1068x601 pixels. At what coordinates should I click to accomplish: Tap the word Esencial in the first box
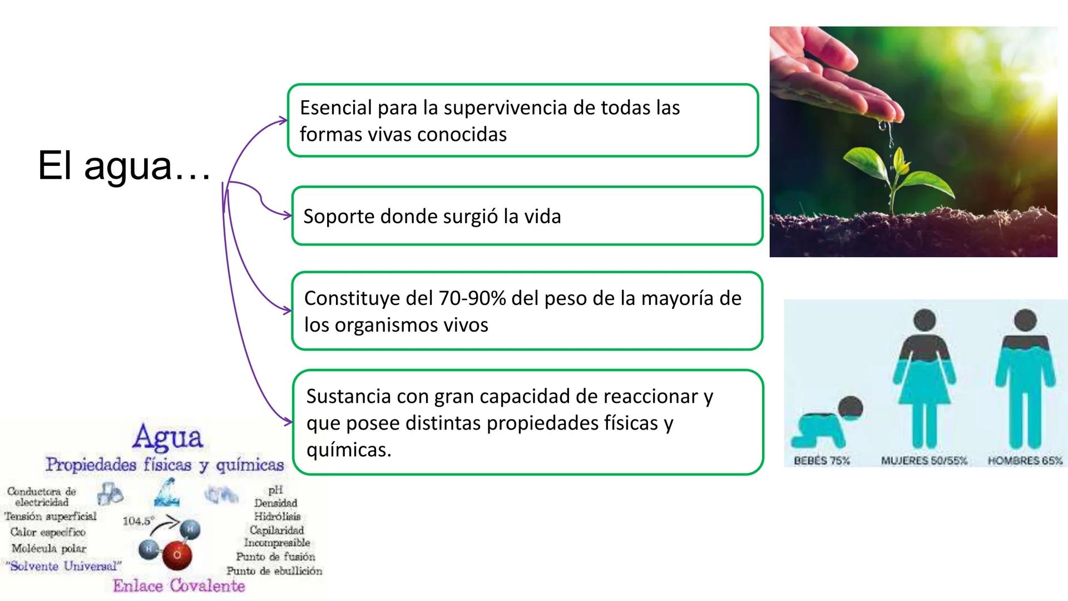335,107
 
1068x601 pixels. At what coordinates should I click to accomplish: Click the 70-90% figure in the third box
472,298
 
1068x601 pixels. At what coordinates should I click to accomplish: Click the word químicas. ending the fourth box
349,450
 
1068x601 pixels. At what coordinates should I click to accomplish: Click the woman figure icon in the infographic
924,378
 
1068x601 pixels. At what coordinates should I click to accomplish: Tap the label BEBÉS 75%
822,461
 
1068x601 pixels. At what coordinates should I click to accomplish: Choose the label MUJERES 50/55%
924,461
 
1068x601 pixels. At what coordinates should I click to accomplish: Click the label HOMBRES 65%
1025,461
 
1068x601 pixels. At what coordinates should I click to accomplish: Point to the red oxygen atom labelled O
177,555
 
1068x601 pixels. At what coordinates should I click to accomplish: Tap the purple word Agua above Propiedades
167,437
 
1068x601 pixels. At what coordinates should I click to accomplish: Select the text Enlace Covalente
179,585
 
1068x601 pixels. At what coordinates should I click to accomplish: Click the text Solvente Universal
64,566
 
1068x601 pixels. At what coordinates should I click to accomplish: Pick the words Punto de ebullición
274,571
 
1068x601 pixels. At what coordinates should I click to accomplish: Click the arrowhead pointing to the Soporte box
288,215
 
